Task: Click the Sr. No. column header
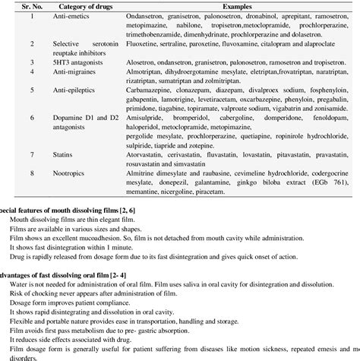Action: (26, 5)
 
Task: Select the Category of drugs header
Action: (83, 5)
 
